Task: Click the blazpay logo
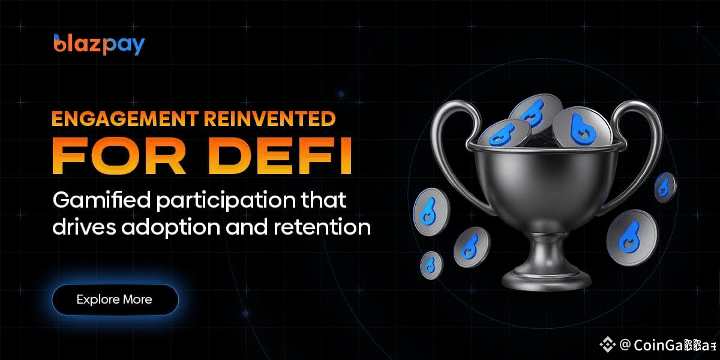(99, 45)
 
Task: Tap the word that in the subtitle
(325, 200)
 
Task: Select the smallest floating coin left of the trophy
(431, 263)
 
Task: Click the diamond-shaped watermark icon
(608, 344)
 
